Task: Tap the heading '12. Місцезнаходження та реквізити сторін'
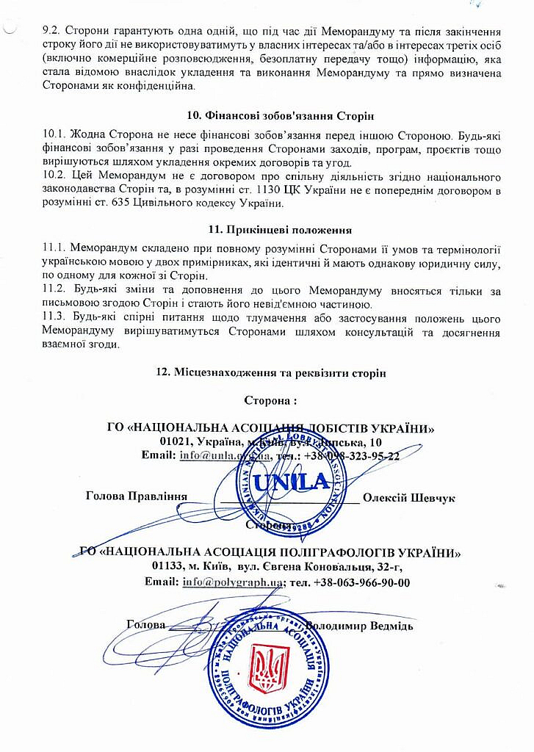click(x=272, y=372)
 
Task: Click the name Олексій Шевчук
click(x=409, y=497)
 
